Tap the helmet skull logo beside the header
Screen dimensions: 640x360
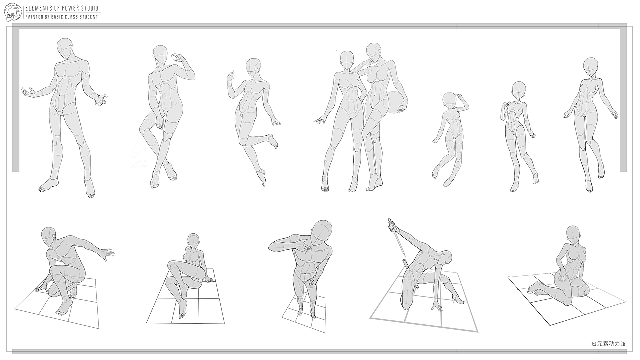pos(13,12)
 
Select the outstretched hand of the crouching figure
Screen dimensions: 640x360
pos(106,254)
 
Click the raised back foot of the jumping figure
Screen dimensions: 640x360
pos(273,141)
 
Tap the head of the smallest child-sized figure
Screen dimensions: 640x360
pos(450,101)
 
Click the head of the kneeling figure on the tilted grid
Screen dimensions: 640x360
pos(573,235)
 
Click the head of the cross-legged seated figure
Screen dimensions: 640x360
pos(193,241)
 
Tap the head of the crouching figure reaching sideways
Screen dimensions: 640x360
pos(48,237)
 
